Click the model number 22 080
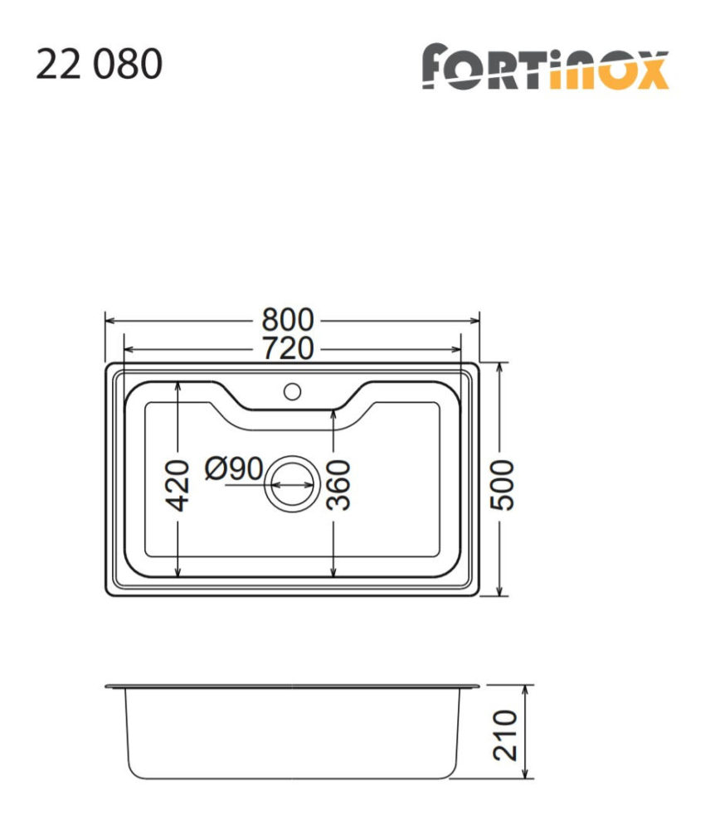pos(99,65)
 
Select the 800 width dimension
pos(288,319)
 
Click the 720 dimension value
pos(288,349)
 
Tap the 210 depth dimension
pos(506,735)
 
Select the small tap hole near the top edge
pos(291,390)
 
